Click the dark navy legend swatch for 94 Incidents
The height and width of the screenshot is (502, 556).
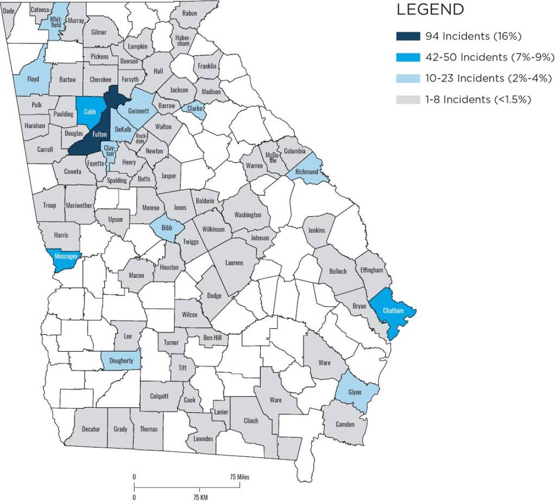click(x=408, y=36)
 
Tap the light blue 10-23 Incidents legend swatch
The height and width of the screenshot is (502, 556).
click(x=408, y=78)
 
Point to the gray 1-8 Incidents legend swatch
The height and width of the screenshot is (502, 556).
click(x=408, y=99)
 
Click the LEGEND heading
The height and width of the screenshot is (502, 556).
click(x=431, y=10)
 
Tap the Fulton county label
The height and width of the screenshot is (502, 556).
click(x=99, y=134)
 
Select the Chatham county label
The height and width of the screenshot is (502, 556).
click(x=393, y=310)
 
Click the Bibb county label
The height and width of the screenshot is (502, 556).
click(x=167, y=228)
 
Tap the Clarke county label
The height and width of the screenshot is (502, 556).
click(x=195, y=108)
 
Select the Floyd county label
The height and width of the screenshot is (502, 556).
click(x=33, y=79)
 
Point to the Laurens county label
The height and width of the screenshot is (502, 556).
click(x=235, y=263)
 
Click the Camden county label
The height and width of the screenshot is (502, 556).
click(x=345, y=424)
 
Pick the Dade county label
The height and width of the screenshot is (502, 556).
click(x=9, y=10)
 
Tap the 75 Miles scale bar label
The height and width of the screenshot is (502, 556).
click(x=239, y=476)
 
